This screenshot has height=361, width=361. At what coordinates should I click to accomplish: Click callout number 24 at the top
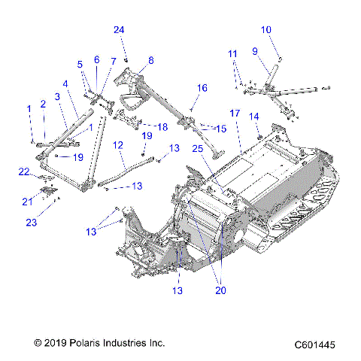click(118, 30)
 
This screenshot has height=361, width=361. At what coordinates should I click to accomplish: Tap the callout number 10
click(266, 30)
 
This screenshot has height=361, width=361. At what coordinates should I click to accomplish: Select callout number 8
click(150, 60)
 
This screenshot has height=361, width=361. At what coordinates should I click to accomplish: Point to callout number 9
click(255, 51)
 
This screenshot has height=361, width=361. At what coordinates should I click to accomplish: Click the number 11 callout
click(233, 54)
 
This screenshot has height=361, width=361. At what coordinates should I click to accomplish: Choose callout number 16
click(202, 88)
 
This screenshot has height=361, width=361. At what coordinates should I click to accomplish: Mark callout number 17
click(235, 113)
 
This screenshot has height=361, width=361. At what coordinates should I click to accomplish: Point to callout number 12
click(118, 144)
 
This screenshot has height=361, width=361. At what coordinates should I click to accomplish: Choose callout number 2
click(43, 104)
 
